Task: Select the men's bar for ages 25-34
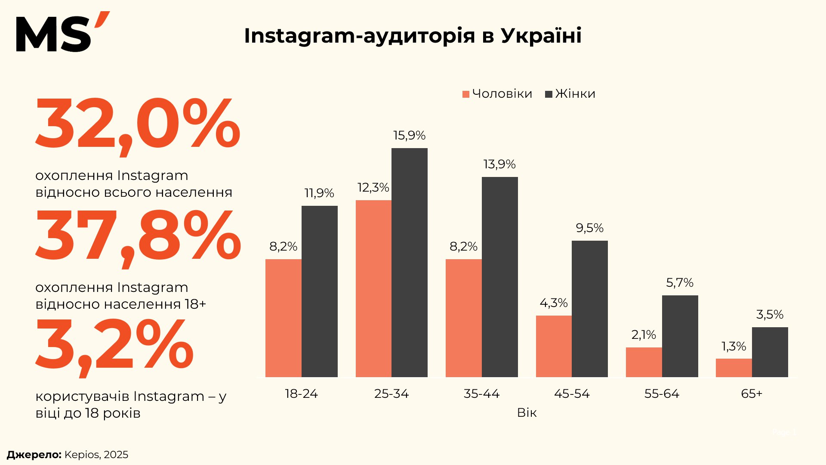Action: [373, 288]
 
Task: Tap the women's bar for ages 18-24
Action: [319, 291]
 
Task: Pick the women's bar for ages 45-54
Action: [589, 309]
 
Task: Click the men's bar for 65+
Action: [734, 368]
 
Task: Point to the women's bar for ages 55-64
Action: [680, 336]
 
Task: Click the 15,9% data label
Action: [409, 136]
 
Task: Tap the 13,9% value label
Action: [499, 164]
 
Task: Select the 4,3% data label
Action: [553, 303]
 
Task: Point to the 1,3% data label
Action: [734, 347]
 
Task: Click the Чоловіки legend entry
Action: [497, 94]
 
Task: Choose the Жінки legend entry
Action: [570, 94]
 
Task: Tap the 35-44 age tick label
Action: [481, 394]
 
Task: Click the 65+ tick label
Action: [752, 394]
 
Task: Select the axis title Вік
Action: [527, 413]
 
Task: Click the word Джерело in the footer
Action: [34, 455]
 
